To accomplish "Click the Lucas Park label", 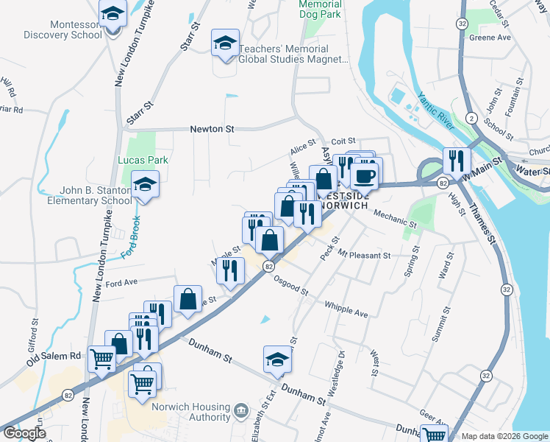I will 143,160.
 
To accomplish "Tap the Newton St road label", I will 212,128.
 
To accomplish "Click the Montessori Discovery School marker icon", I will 113,13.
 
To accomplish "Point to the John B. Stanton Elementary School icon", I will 146,185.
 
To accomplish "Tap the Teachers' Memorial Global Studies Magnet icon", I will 225,43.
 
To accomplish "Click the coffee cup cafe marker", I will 364,177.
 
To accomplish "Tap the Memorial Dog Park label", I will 321,8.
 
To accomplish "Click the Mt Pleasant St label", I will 365,255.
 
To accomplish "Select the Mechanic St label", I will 395,217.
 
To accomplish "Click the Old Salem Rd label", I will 54,358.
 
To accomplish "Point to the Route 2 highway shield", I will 469,118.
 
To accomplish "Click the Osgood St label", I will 290,287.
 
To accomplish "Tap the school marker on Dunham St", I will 277,360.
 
